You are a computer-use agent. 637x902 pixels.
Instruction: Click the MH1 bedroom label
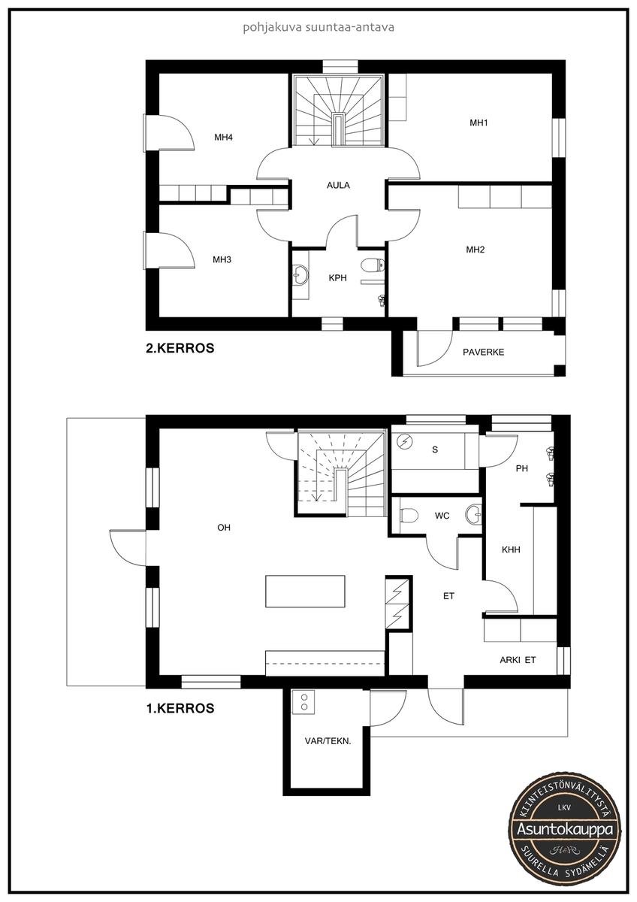[x=479, y=123]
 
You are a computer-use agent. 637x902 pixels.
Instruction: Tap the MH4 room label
[x=223, y=138]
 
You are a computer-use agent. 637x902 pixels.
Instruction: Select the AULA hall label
[x=338, y=185]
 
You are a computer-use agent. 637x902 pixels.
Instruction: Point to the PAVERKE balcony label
[x=483, y=352]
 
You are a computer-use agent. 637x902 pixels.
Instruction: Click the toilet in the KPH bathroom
[x=373, y=265]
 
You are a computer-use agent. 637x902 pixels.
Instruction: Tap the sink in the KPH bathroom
[x=300, y=274]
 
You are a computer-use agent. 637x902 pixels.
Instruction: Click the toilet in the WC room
[x=409, y=516]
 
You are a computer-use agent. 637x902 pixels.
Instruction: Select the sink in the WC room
[x=474, y=515]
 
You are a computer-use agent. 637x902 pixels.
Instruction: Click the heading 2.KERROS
[x=180, y=348]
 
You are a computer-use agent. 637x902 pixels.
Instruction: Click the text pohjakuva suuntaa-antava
[x=318, y=27]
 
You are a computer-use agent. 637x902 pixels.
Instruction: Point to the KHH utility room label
[x=511, y=549]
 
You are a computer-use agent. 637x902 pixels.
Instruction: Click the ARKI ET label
[x=518, y=660]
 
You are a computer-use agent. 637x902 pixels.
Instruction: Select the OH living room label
[x=224, y=528]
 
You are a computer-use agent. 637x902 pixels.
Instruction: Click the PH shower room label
[x=522, y=468]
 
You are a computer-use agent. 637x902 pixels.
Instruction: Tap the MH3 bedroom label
[x=222, y=260]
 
